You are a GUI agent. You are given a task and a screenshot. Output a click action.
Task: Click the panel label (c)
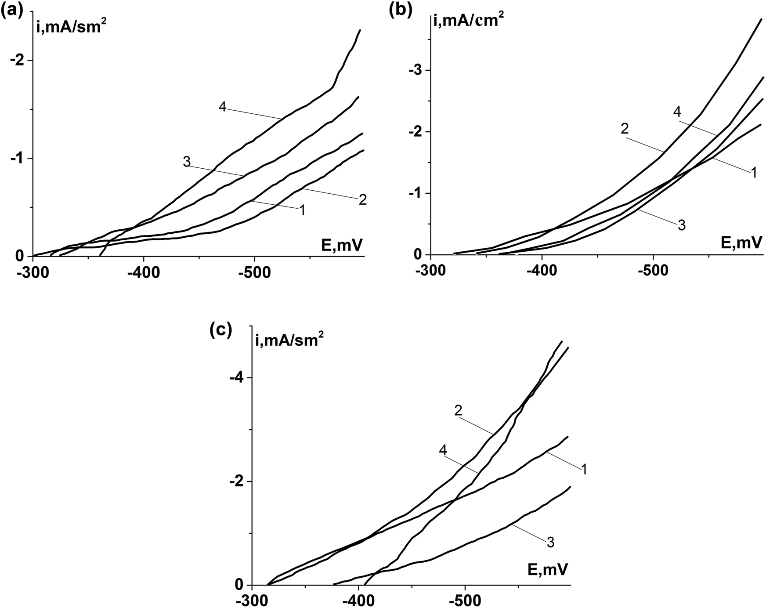(221, 329)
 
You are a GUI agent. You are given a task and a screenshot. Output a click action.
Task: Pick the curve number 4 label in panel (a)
(222, 107)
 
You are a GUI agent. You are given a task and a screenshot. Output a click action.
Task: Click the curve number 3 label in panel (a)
(187, 162)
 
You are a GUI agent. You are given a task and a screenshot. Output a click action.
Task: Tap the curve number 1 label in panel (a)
(302, 210)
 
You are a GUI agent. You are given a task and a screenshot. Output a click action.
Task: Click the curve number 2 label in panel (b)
(624, 129)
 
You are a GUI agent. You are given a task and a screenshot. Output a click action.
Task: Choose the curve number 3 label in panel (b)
(681, 225)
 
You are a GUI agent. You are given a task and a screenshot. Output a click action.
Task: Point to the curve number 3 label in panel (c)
(550, 542)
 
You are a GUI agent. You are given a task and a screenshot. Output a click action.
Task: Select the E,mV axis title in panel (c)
(547, 570)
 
